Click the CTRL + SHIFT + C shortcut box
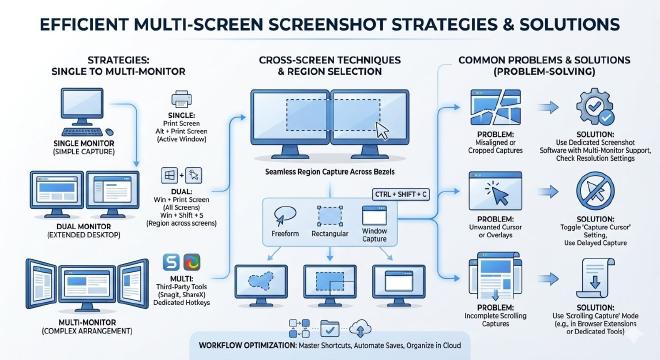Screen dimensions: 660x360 (401, 194)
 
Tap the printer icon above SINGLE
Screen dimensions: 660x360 (181, 100)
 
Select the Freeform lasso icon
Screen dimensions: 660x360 (285, 215)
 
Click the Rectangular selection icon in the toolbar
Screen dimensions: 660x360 (330, 216)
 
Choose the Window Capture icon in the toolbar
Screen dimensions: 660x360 (374, 215)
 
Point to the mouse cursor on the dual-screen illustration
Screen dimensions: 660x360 (382, 130)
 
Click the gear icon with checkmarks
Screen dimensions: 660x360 (595, 106)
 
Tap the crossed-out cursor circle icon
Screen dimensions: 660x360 (595, 191)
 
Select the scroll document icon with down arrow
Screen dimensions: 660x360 (595, 278)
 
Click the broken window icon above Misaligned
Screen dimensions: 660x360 (495, 107)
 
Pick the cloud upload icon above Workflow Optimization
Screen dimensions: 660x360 (360, 328)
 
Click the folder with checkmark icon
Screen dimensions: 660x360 (330, 328)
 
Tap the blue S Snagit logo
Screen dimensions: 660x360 (171, 262)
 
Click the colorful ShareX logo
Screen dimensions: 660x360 (192, 262)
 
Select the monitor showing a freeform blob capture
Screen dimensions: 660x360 (261, 285)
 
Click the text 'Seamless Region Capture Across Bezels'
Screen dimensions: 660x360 (330, 172)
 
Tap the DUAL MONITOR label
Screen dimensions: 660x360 (83, 227)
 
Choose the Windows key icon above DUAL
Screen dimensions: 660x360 (170, 175)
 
